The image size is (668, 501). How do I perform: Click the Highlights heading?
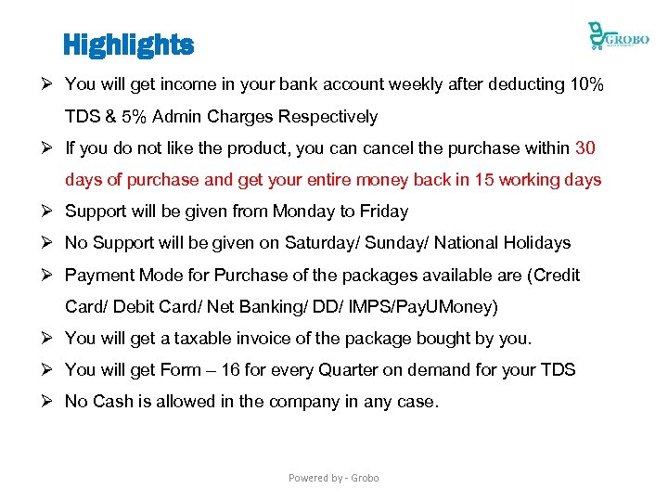128,44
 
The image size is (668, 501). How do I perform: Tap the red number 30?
585,148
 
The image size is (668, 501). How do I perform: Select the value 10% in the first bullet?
586,84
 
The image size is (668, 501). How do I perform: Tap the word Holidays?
537,243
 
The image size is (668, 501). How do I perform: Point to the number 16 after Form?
230,370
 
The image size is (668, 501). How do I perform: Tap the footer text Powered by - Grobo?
333,478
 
